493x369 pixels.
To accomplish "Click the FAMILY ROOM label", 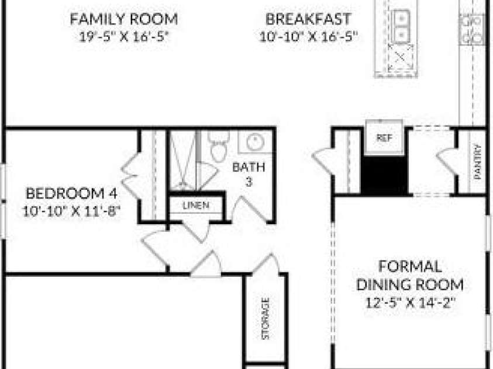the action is [123, 19].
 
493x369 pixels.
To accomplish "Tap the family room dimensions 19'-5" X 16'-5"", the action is [124, 37].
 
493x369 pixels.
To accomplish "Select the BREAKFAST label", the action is [308, 19].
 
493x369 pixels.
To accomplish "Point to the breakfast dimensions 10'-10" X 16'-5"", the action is [309, 37].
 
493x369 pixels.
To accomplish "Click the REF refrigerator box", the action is [384, 137].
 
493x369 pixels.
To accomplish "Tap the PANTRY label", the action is [478, 162].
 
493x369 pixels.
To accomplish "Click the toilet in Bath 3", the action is [219, 146].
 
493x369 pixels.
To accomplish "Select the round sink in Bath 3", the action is [255, 142].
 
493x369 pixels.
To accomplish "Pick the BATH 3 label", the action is [249, 174].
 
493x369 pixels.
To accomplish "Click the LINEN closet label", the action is [196, 206].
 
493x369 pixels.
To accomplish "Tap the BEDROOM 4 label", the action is [71, 193].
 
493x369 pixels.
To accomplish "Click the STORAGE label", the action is [266, 319].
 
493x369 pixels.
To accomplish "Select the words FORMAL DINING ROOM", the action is [410, 276].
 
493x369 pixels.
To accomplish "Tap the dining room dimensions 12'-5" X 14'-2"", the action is [411, 303].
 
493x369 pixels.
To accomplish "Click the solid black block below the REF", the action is [384, 175].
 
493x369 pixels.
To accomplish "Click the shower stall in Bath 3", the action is [183, 160].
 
